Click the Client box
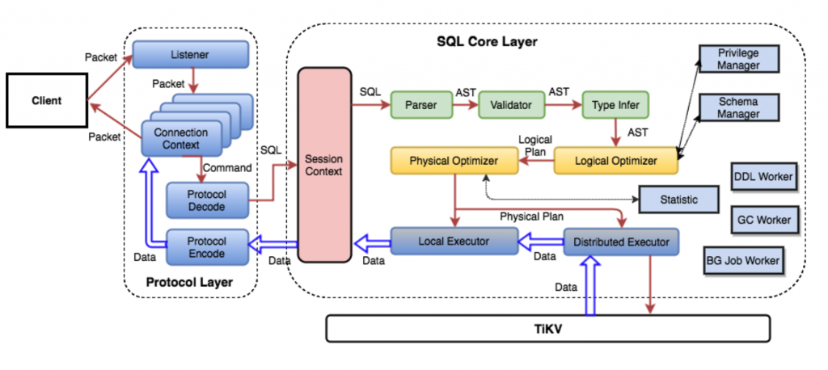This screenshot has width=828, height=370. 46,102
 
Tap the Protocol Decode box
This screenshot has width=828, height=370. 206,200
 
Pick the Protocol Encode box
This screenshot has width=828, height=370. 206,247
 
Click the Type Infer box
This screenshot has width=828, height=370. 615,104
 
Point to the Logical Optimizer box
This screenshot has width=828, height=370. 616,161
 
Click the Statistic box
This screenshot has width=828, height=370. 678,200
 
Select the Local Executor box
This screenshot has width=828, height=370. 454,241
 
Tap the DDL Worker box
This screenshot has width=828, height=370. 763,176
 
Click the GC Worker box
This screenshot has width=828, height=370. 763,218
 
